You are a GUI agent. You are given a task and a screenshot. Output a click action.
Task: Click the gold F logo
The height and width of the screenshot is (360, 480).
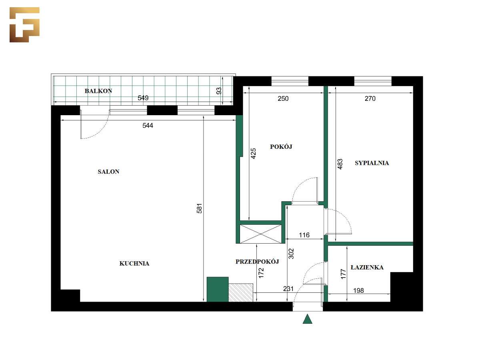click(x=24, y=24)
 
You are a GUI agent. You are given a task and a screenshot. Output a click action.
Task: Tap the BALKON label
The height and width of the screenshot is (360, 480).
click(x=98, y=91)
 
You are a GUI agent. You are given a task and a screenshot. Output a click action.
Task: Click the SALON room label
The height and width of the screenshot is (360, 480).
click(x=108, y=172)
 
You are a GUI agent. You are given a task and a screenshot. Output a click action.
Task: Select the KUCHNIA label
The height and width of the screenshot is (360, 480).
click(x=134, y=263)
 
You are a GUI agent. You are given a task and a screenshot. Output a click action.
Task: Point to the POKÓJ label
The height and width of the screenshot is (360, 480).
click(x=281, y=147)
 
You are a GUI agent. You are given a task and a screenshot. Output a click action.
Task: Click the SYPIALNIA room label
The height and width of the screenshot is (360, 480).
click(x=372, y=163)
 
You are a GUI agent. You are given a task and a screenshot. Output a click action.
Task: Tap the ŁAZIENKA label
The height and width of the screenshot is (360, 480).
click(x=367, y=267)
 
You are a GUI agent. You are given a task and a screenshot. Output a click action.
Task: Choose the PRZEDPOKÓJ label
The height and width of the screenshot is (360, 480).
click(x=257, y=262)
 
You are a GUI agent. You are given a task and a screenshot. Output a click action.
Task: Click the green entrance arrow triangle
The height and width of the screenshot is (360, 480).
click(x=307, y=319)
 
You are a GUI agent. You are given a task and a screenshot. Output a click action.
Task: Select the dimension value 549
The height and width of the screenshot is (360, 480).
click(x=144, y=98)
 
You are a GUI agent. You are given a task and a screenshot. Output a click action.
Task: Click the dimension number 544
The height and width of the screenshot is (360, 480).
click(x=148, y=126)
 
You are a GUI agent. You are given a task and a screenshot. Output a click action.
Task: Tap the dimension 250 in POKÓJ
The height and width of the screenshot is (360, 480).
click(x=283, y=98)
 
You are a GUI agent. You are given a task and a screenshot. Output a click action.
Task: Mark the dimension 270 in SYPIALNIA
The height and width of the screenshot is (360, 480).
click(x=370, y=98)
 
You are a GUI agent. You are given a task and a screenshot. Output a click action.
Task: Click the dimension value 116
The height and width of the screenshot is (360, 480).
click(x=304, y=235)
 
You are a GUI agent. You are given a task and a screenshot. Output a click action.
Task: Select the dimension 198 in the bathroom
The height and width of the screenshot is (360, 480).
click(x=359, y=291)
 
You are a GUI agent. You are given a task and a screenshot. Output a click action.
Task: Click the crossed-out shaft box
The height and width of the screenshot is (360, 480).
click(x=260, y=234)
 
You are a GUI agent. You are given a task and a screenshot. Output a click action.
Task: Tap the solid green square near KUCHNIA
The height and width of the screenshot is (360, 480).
click(x=217, y=289)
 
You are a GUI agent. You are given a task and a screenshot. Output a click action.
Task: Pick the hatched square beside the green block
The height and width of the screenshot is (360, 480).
click(x=241, y=292)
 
